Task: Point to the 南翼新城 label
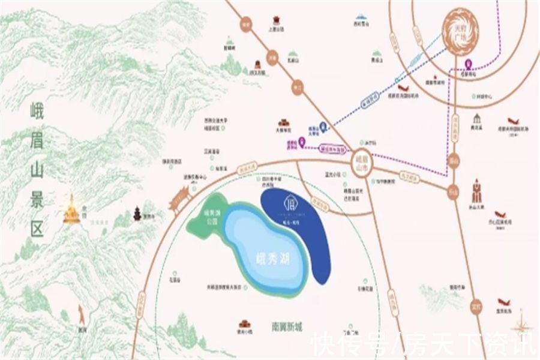click(x=287, y=327)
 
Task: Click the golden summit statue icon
click(x=72, y=210)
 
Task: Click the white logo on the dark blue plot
click(x=290, y=199)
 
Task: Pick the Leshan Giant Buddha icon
click(x=478, y=191)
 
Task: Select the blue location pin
click(x=323, y=126)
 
